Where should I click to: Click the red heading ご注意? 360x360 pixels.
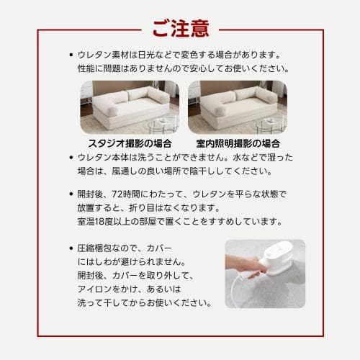pos(180,28)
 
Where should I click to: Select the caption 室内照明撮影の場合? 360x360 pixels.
pos(237,142)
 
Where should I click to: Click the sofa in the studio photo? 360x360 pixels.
pos(127,104)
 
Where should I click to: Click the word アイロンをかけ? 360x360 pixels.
pos(102,289)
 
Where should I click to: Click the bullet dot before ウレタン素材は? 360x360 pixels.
pos(70,55)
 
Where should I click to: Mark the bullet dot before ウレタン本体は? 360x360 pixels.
pos(70,157)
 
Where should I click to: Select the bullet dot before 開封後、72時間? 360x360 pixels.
pos(70,194)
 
